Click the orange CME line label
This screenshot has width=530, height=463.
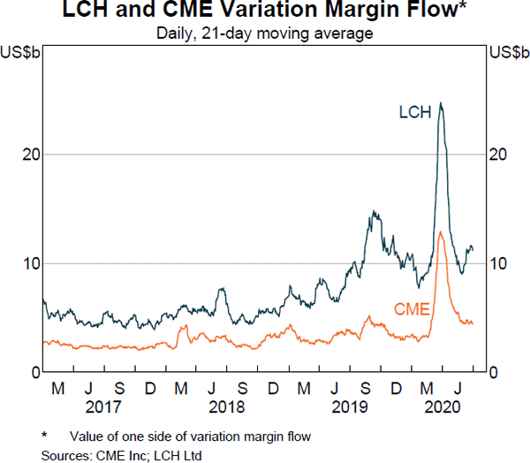[411, 308]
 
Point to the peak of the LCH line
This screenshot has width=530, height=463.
[441, 103]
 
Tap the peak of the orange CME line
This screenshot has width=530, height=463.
[440, 231]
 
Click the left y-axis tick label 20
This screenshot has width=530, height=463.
[29, 154]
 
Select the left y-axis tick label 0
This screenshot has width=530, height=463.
[34, 373]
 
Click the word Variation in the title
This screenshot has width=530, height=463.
[229, 11]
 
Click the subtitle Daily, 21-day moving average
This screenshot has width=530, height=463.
[265, 33]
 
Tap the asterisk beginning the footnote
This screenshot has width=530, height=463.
[44, 436]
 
